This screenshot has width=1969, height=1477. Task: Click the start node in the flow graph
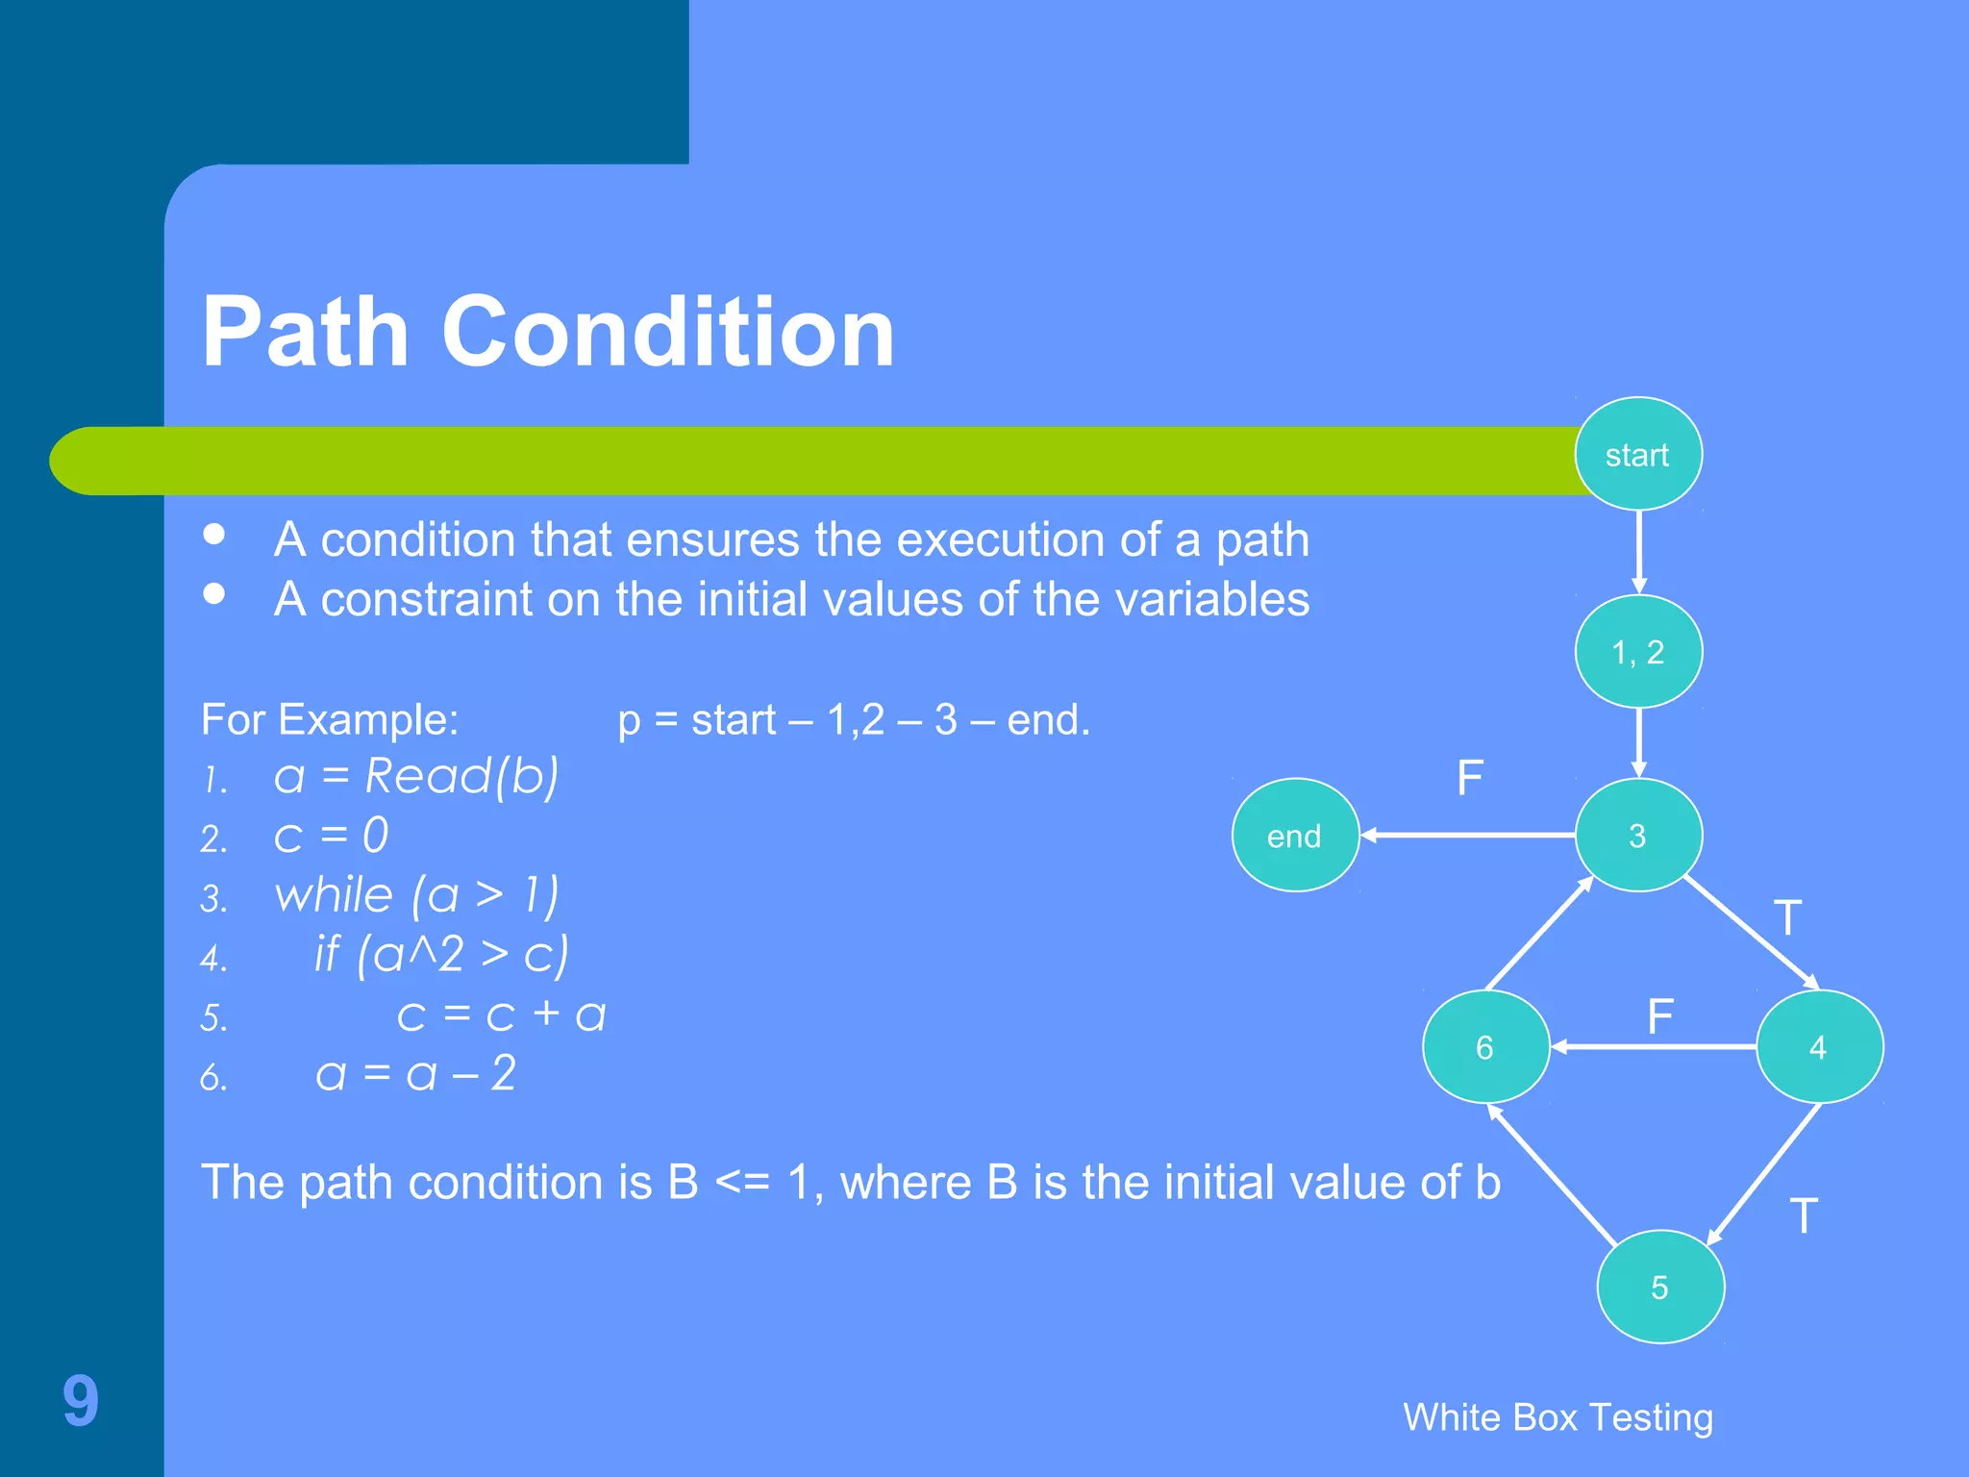tap(1638, 454)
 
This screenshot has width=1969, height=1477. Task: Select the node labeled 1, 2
tap(1638, 652)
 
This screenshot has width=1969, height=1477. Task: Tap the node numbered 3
tap(1638, 835)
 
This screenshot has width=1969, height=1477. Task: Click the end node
tap(1295, 835)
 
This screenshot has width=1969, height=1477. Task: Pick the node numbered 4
tap(1819, 1046)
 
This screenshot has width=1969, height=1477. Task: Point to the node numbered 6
tap(1485, 1046)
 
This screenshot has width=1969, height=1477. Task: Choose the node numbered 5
tap(1660, 1287)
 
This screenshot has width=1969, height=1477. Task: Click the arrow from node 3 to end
tap(1468, 835)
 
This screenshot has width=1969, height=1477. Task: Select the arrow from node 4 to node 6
tap(1654, 1046)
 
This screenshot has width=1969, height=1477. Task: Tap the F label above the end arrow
tap(1470, 778)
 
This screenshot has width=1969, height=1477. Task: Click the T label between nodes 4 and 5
tap(1804, 1215)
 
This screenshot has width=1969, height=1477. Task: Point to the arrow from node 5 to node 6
tap(1553, 1174)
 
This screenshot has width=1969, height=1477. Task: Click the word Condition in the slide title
tap(668, 332)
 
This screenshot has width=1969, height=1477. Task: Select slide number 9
tap(81, 1400)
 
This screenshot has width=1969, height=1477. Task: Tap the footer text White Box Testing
tap(1558, 1417)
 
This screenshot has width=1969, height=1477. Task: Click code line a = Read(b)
tap(415, 776)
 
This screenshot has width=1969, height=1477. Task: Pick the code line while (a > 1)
tap(416, 895)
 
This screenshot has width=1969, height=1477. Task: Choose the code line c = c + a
tap(501, 1015)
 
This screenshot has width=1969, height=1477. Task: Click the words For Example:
tap(330, 719)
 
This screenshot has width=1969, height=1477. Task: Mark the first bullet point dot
tap(214, 534)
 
